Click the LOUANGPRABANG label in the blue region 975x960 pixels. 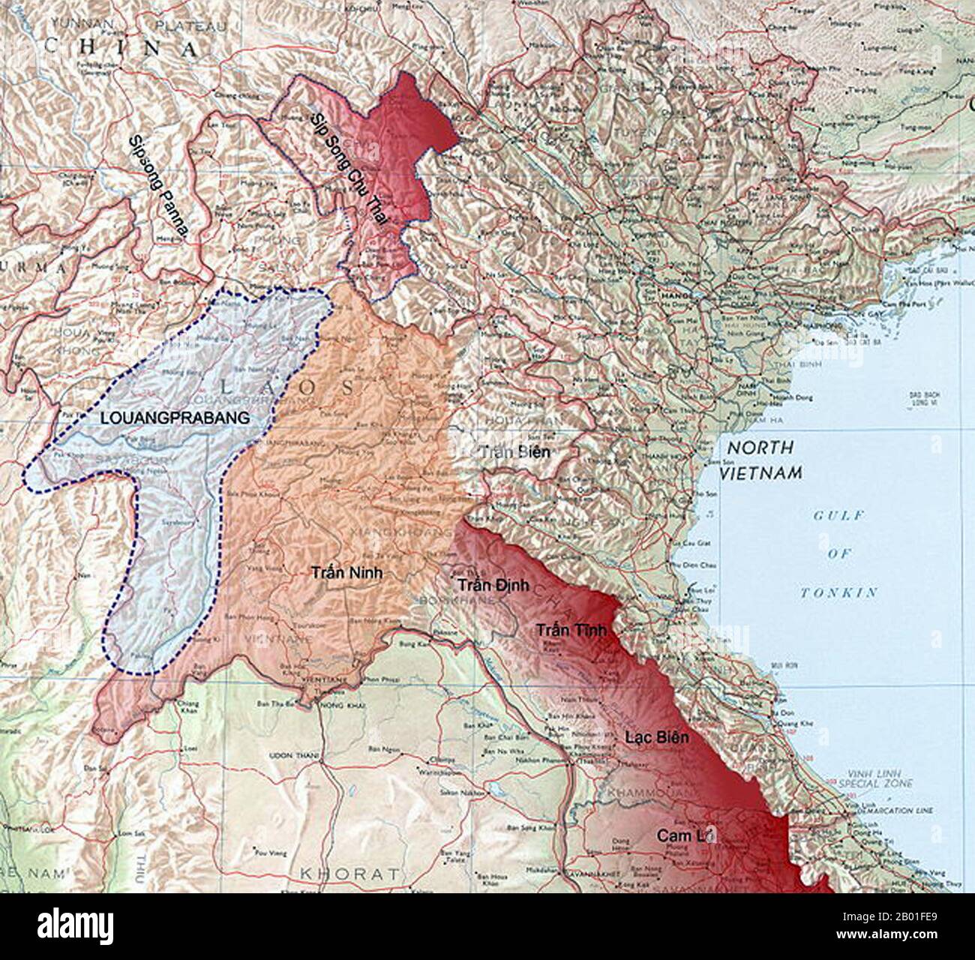(x=174, y=418)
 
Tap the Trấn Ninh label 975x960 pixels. (x=346, y=572)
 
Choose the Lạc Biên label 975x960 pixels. (x=656, y=737)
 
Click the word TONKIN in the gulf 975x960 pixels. (x=838, y=592)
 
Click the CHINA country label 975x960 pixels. (x=121, y=48)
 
